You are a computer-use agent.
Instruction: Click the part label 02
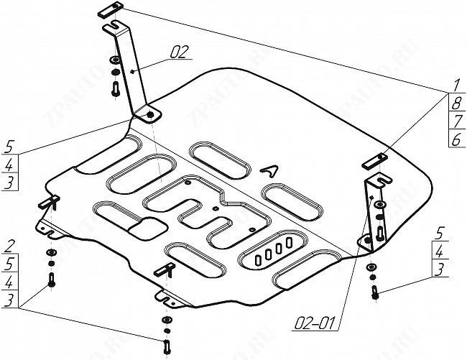coord(179,52)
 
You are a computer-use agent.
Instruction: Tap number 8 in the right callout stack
coord(454,104)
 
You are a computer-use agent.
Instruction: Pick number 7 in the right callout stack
coord(454,121)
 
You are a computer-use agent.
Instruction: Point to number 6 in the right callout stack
coord(454,139)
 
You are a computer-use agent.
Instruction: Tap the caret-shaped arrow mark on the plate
coord(269,170)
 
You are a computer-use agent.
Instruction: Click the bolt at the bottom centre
coord(167,346)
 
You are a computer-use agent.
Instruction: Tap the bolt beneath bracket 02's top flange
coord(116,89)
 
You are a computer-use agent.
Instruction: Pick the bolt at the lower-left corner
coord(50,280)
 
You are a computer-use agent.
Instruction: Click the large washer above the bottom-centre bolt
coord(167,320)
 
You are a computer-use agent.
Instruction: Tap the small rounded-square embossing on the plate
coord(150,229)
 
